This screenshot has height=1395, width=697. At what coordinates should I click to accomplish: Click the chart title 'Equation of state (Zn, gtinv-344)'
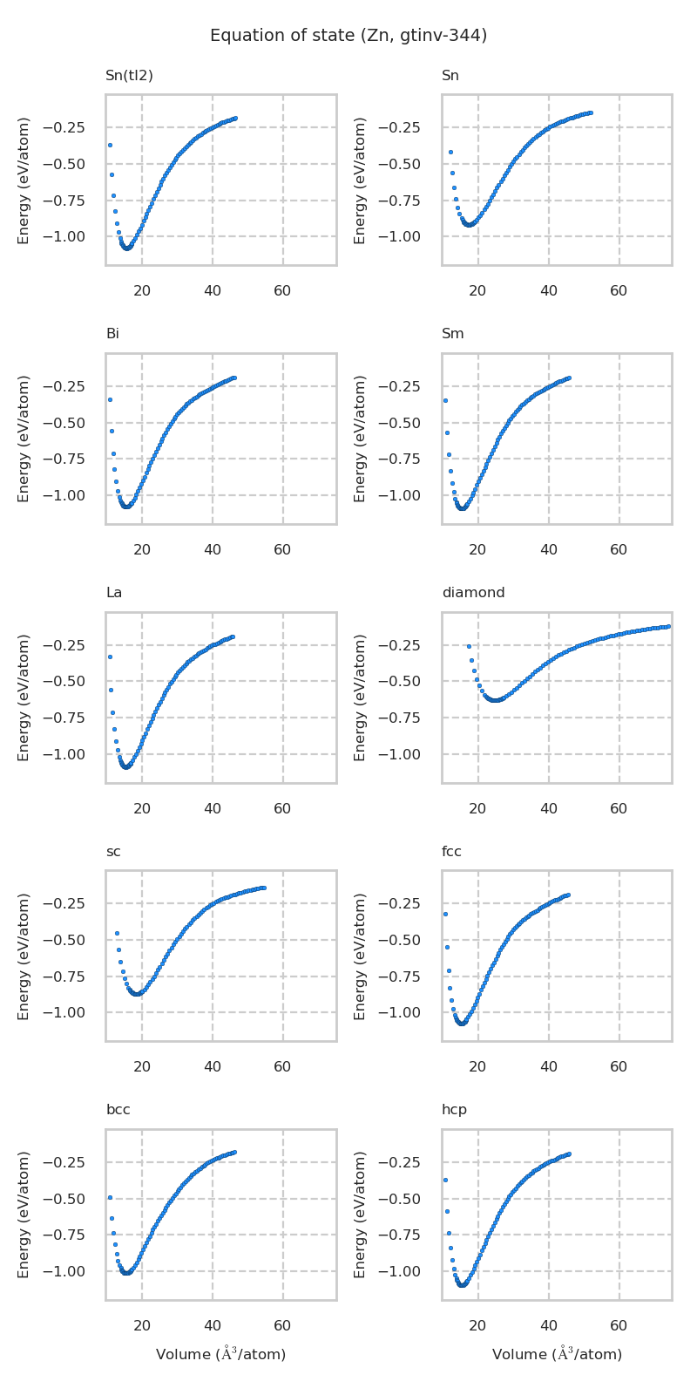click(348, 36)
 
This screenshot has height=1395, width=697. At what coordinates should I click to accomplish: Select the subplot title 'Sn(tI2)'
click(129, 76)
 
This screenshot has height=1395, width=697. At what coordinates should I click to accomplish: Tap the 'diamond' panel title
click(473, 593)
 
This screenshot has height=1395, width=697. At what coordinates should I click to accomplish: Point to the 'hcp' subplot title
click(454, 1110)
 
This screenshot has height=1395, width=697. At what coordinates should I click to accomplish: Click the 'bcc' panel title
click(118, 1110)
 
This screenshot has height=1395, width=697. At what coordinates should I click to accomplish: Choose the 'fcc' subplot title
click(451, 852)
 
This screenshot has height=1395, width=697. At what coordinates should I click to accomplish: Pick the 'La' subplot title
click(114, 593)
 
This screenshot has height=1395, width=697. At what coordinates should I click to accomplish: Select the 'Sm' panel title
click(452, 334)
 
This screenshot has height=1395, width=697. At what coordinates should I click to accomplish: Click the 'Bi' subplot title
click(112, 334)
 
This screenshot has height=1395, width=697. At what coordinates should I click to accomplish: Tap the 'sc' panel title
click(113, 852)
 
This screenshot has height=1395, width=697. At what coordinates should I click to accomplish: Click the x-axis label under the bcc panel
click(220, 1354)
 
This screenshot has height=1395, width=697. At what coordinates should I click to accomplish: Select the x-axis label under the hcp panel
click(557, 1354)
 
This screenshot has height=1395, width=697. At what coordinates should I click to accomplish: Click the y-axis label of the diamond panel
click(360, 697)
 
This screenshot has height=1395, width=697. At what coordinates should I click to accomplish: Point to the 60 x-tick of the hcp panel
click(619, 1326)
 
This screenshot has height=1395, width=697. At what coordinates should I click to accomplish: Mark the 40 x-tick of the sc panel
click(213, 1067)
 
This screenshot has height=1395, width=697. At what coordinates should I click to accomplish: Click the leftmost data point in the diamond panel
click(469, 646)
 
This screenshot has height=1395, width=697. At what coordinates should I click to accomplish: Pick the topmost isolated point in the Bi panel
click(110, 399)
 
